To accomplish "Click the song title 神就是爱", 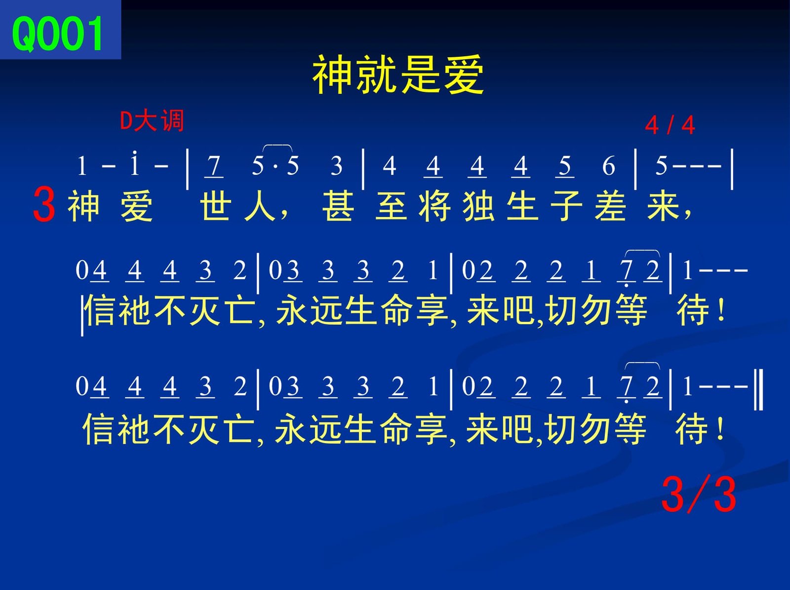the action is pyautogui.click(x=397, y=75).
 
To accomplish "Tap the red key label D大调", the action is pyautogui.click(x=152, y=120).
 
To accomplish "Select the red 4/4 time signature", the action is pyautogui.click(x=670, y=126).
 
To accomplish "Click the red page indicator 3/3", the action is pyautogui.click(x=699, y=494).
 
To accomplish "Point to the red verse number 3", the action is pyautogui.click(x=44, y=205).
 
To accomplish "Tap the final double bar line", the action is pyautogui.click(x=758, y=389).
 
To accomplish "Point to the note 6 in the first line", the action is pyautogui.click(x=609, y=166).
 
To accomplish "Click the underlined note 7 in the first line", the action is pyautogui.click(x=214, y=166).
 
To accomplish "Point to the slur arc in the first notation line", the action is pyautogui.click(x=277, y=145).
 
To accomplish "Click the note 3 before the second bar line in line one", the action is pyautogui.click(x=337, y=166).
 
